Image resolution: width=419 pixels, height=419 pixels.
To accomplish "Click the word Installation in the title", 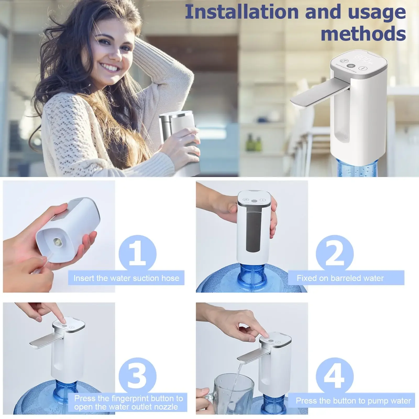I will tap(241, 12).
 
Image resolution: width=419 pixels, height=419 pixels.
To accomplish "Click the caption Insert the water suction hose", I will tap(126, 278).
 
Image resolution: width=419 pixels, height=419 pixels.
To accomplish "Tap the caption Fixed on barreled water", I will tap(340, 278).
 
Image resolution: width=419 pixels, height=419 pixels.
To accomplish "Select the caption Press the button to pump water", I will tap(353, 401).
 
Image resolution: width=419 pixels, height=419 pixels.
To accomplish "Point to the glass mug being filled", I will tap(232, 393).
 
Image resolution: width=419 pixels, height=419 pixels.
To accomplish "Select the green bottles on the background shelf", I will tap(253, 143).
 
